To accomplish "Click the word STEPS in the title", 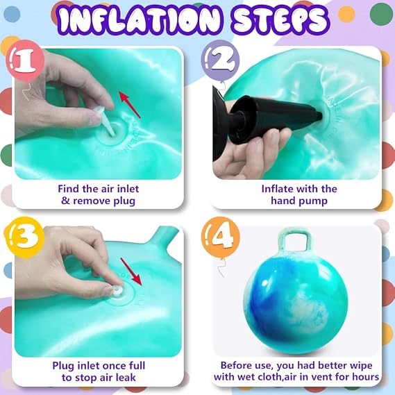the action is click(x=280, y=19).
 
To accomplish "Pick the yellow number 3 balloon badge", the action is click(x=25, y=237).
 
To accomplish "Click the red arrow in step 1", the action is click(x=130, y=105).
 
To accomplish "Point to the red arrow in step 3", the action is click(x=131, y=271).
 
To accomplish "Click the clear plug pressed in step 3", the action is click(x=117, y=291).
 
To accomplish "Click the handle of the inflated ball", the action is click(x=295, y=241).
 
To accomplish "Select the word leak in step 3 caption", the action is click(x=126, y=378).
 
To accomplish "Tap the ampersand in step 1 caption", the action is click(x=65, y=201).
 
